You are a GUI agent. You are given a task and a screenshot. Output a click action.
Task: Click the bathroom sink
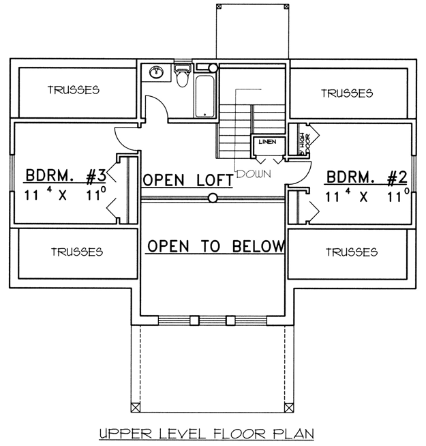pyautogui.click(x=156, y=72)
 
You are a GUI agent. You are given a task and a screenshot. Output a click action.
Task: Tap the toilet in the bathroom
pyautogui.click(x=182, y=76)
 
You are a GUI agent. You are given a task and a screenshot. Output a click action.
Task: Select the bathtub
pyautogui.click(x=204, y=96)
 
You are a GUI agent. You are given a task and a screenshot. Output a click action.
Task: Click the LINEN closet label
pyautogui.click(x=267, y=142)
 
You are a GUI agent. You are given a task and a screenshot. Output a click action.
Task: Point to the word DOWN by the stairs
pyautogui.click(x=254, y=174)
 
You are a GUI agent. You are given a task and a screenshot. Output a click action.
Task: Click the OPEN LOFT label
pyautogui.click(x=187, y=180)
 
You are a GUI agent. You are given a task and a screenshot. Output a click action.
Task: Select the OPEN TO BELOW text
pyautogui.click(x=216, y=246)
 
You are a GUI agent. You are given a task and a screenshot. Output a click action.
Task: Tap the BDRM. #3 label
pyautogui.click(x=65, y=175)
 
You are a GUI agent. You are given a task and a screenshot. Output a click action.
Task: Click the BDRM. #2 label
pyautogui.click(x=367, y=177)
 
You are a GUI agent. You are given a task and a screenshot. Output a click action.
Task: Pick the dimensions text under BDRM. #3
pyautogui.click(x=65, y=194)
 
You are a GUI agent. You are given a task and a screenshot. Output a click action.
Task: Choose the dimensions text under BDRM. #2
pyautogui.click(x=367, y=196)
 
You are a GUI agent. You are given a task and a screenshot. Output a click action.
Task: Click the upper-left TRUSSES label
pyautogui.click(x=74, y=90)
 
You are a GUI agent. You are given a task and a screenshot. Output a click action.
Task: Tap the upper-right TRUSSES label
pyautogui.click(x=347, y=93)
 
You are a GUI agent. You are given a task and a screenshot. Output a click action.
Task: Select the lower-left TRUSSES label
pyautogui.click(x=77, y=252)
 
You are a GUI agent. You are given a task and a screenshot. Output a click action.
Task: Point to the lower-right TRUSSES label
pyautogui.click(x=352, y=252)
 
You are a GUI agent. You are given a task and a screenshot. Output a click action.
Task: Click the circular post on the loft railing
pyautogui.click(x=213, y=198)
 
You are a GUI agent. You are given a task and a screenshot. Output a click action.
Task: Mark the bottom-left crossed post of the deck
pyautogui.click(x=136, y=408)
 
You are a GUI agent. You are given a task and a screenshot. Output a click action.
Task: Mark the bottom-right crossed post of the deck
pyautogui.click(x=289, y=408)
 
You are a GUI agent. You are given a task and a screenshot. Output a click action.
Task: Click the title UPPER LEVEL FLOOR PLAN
pyautogui.click(x=207, y=434)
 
